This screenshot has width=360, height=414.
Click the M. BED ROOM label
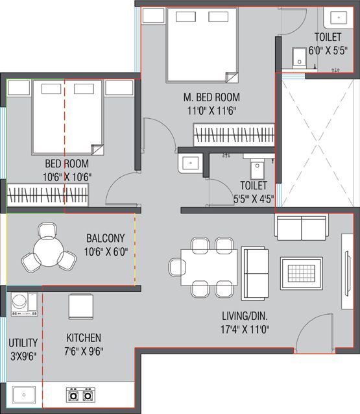[211, 97]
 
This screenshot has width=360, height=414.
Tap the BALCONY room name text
[106, 238]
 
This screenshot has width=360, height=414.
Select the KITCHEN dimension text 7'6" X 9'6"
[84, 352]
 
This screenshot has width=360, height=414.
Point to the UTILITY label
[23, 343]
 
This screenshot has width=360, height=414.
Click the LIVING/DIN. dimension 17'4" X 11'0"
[245, 329]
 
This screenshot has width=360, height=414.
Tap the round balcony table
[49, 252]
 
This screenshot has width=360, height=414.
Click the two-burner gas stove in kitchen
[80, 395]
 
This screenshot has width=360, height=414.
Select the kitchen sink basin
[24, 395]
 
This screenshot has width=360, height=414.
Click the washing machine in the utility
[24, 304]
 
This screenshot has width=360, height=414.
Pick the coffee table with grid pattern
[302, 273]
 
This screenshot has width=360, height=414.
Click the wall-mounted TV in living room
[347, 271]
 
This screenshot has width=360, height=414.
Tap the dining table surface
[209, 267]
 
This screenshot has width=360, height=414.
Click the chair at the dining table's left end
[177, 267]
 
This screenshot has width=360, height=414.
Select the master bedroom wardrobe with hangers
[234, 134]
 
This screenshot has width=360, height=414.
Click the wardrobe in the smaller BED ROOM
[47, 195]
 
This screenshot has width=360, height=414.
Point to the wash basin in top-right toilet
[339, 18]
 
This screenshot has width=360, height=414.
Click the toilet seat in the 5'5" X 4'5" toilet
[257, 170]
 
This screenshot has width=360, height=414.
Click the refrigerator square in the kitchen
[81, 306]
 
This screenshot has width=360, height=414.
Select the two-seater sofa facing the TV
[255, 274]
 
